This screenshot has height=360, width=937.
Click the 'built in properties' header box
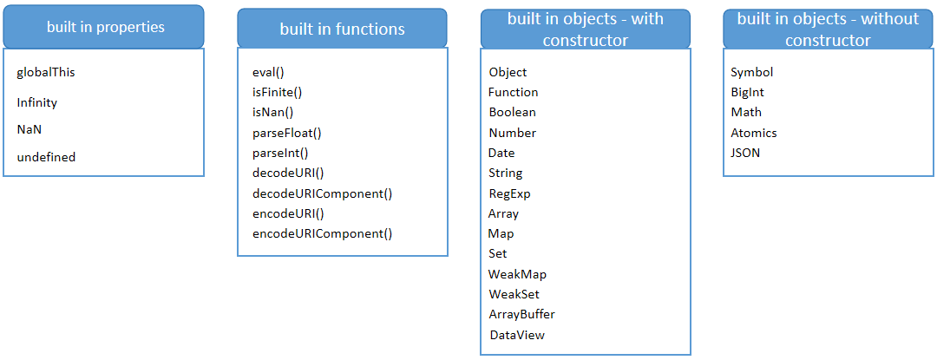click(104, 27)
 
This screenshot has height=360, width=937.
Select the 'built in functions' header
click(342, 29)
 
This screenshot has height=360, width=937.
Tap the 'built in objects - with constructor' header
click(586, 29)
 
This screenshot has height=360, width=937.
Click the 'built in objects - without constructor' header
click(829, 29)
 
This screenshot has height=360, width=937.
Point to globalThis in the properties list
click(46, 72)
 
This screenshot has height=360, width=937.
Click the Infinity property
click(37, 102)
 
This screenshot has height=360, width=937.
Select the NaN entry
click(29, 129)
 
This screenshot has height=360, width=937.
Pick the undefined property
click(46, 157)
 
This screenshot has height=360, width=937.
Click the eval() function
click(268, 72)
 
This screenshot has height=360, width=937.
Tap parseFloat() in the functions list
click(287, 133)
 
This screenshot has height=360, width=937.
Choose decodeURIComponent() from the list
click(323, 193)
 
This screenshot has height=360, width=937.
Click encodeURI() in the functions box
click(288, 213)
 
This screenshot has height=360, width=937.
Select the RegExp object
click(509, 193)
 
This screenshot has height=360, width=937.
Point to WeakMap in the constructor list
click(517, 274)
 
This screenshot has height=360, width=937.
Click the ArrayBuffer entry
click(521, 314)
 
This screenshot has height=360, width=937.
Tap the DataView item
click(517, 335)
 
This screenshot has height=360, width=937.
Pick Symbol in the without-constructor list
click(751, 72)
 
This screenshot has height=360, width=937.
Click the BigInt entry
click(747, 92)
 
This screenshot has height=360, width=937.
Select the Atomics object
click(753, 133)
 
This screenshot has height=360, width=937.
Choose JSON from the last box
click(745, 153)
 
